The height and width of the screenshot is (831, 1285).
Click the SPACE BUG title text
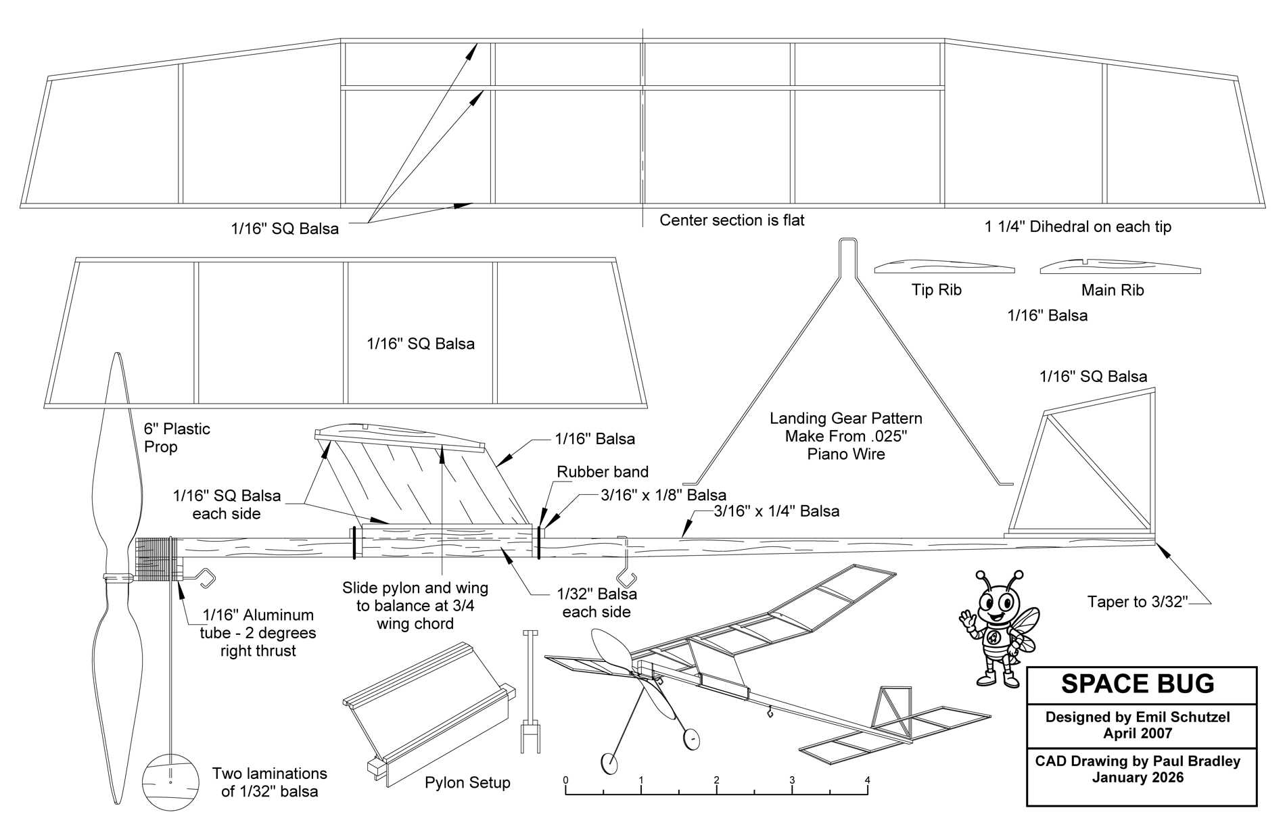point(1138,684)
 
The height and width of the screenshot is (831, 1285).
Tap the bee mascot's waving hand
point(967,619)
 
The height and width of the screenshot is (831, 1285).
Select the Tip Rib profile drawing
point(944,267)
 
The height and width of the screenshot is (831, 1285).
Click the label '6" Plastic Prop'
point(177,437)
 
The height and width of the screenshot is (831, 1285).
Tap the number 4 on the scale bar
point(867,780)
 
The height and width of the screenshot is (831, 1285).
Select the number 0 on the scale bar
point(565,780)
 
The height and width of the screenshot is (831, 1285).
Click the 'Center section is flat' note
point(732,220)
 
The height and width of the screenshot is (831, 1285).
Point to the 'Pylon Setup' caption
point(467,783)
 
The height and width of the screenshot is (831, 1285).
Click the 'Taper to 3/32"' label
point(1138,602)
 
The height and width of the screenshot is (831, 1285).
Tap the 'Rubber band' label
point(603,472)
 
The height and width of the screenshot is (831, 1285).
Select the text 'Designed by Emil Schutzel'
point(1138,717)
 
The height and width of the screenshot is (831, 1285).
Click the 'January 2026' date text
point(1138,778)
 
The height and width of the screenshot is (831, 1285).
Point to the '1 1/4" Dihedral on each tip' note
point(1077,227)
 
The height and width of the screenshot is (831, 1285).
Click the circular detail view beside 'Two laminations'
point(170,782)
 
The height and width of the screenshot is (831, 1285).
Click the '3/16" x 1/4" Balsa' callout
point(776,511)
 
